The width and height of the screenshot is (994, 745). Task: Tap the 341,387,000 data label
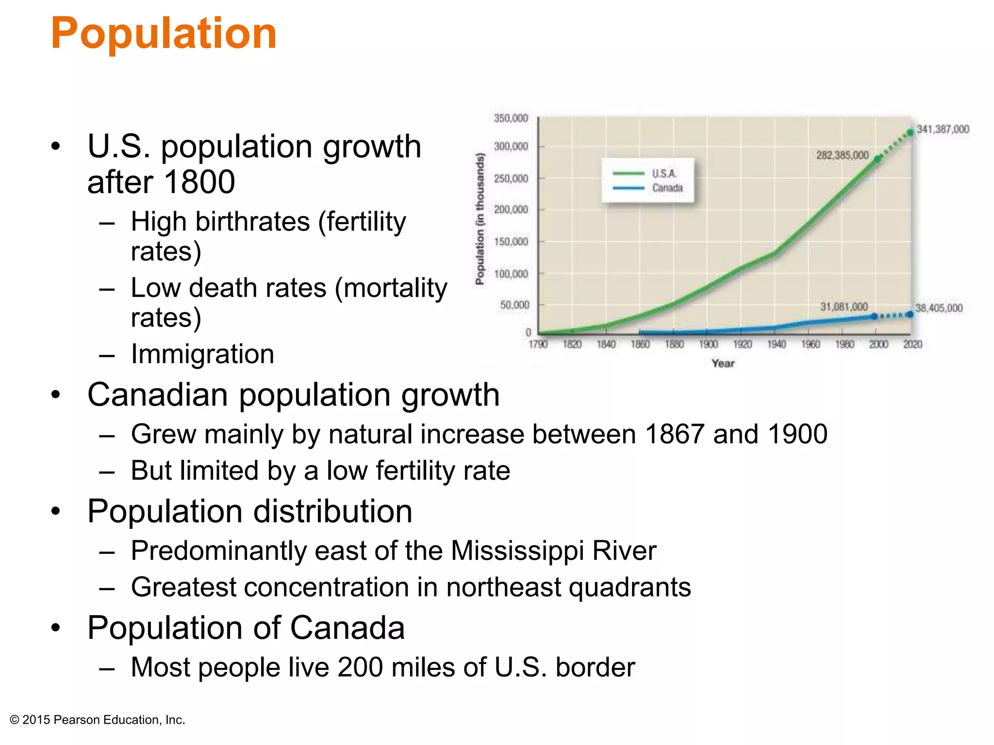(943, 130)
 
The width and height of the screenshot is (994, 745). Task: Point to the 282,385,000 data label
(842, 155)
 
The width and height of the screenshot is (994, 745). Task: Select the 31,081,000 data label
(844, 307)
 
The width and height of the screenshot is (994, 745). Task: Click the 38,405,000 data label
(939, 308)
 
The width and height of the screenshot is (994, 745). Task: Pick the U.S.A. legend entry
(664, 174)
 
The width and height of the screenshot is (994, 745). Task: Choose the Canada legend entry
(667, 188)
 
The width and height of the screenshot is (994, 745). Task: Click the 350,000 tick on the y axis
(511, 118)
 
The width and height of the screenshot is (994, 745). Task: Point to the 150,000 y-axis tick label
(511, 242)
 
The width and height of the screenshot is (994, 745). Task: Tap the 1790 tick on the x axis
(538, 344)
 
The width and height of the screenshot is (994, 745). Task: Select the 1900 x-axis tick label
(708, 344)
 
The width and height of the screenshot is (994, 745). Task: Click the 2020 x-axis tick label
(912, 344)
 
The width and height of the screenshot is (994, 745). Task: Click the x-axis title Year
(723, 363)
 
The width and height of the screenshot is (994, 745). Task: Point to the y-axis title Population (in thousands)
(480, 219)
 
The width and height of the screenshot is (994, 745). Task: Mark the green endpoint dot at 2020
(911, 132)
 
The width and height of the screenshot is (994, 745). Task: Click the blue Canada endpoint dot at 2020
(910, 314)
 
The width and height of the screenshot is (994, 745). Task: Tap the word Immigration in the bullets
(202, 354)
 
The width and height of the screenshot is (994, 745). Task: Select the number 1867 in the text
(675, 434)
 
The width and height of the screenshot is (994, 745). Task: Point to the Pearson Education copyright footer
(98, 720)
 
